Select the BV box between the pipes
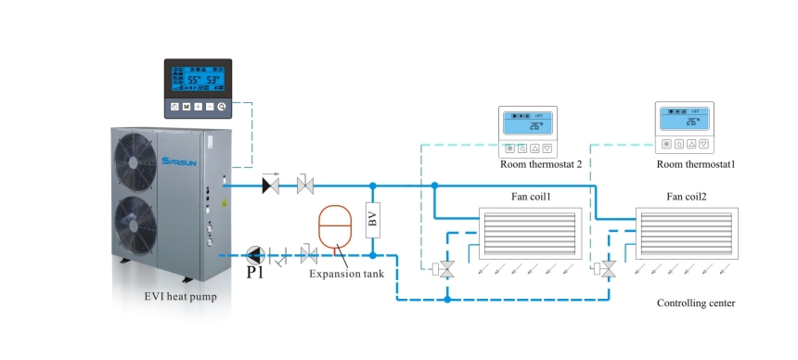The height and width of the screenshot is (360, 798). (373, 219)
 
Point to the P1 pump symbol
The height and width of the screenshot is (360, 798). (254, 255)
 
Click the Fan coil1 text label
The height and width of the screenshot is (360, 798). (529, 196)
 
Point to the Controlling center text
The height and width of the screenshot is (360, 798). (696, 303)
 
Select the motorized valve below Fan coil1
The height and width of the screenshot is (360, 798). (446, 269)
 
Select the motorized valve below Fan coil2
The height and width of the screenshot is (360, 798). (609, 269)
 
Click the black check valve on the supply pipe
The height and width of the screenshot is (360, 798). (271, 186)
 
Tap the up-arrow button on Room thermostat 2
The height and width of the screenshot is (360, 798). (534, 148)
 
